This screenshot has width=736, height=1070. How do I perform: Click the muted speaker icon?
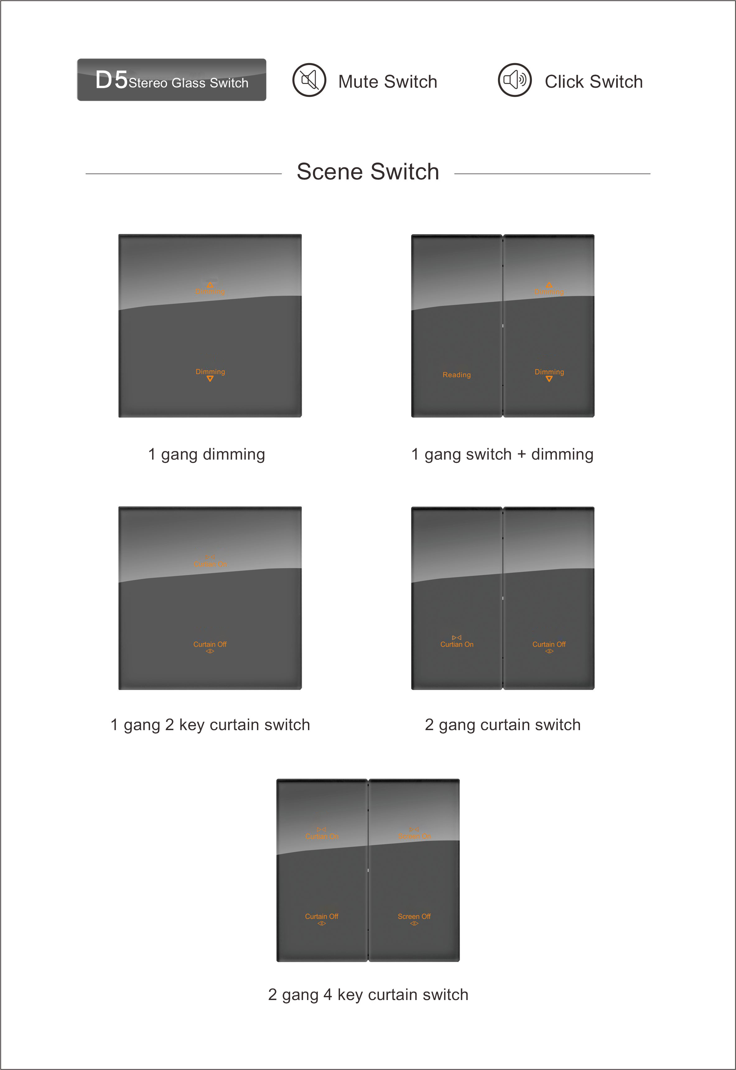click(309, 80)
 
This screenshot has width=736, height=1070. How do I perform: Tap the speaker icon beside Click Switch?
click(515, 80)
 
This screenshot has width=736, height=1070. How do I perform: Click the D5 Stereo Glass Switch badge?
click(171, 80)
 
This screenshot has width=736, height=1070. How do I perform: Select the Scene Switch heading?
click(368, 172)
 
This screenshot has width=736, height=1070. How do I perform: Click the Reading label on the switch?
click(457, 375)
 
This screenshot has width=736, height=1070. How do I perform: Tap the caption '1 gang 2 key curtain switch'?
click(210, 725)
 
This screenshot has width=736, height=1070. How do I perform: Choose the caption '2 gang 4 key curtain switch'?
click(368, 994)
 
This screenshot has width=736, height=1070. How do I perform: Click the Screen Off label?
click(414, 916)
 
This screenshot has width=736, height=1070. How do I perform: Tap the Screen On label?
click(414, 836)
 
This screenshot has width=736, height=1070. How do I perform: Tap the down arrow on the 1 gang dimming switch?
click(210, 379)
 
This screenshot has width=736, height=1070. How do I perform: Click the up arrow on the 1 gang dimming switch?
click(210, 285)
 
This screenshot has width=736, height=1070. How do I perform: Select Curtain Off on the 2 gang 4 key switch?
click(321, 916)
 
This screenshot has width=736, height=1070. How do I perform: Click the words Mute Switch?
click(387, 81)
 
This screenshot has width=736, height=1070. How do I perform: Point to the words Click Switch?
click(594, 81)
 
